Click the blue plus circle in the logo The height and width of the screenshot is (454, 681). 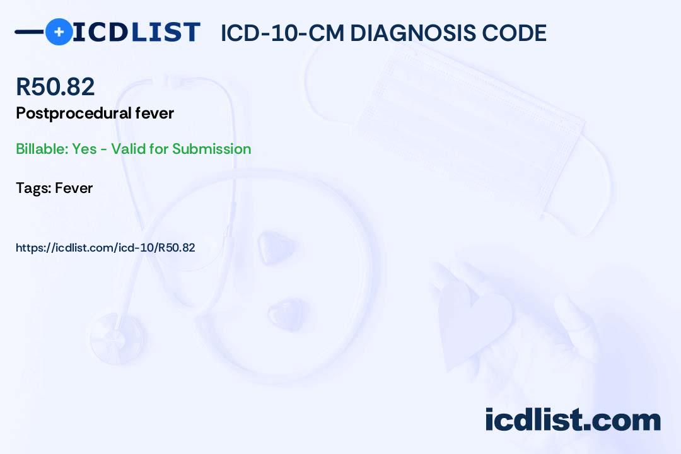pos(59,32)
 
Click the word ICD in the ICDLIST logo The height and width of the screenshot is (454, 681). pos(100,32)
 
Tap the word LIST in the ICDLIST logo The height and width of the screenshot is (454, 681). pos(165,32)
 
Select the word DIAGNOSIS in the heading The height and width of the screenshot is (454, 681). pos(413,33)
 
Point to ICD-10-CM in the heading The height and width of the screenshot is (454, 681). pos(282,33)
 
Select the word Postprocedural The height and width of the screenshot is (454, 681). pos(73,113)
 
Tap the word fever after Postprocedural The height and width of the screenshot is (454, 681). pos(154,113)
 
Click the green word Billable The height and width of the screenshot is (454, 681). pos(42,149)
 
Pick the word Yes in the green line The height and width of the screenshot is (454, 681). pos(84,149)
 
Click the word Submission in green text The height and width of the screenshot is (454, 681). pos(211,149)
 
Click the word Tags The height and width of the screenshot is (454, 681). pos(34,188)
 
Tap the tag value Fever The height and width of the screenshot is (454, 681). pos(74,188)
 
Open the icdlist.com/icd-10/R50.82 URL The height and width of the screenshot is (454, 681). pos(105,248)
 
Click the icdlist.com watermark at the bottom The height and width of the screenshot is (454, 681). pos(573,419)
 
